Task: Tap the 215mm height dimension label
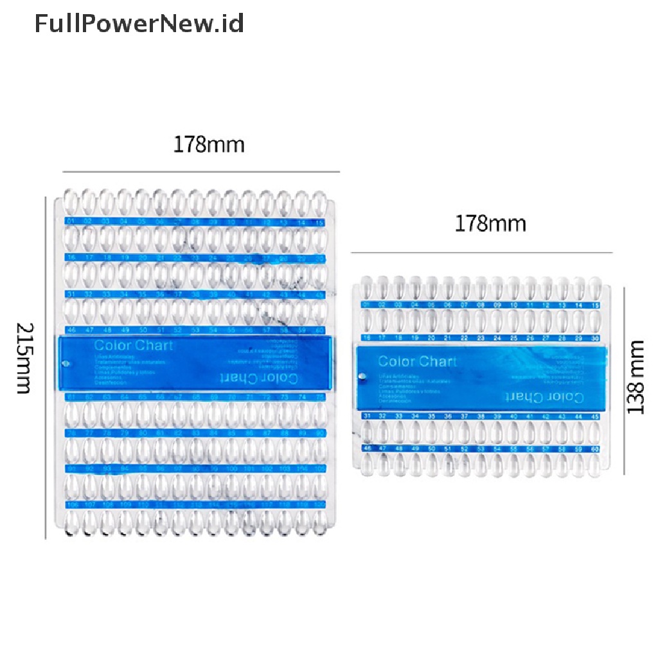point(24,359)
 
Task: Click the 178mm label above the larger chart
point(209,145)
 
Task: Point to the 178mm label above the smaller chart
point(490,224)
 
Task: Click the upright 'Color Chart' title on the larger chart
point(133,345)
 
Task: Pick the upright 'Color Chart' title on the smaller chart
point(417,360)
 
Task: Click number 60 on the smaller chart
point(596,448)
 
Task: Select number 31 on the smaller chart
point(367,416)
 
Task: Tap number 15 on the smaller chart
point(596,305)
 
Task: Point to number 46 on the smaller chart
point(367,448)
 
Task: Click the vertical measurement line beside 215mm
point(46,366)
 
